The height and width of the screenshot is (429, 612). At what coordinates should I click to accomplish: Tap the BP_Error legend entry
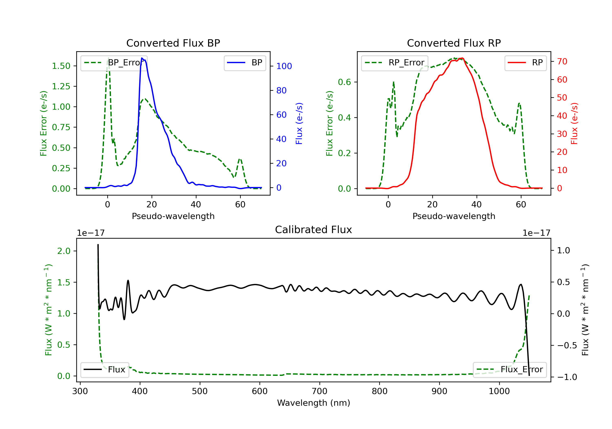click(x=114, y=63)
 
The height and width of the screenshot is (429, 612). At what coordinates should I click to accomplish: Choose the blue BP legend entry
click(x=245, y=63)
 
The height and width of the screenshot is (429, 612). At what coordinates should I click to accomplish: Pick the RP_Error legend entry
click(x=395, y=63)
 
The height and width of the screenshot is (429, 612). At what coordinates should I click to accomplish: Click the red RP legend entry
click(x=525, y=63)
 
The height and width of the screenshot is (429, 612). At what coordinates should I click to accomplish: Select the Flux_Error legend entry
click(x=509, y=370)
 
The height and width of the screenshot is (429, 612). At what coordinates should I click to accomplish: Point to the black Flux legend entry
click(x=105, y=370)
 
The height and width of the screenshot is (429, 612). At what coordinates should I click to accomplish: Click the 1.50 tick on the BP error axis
click(x=61, y=66)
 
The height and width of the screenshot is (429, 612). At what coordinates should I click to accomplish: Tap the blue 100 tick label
click(x=284, y=66)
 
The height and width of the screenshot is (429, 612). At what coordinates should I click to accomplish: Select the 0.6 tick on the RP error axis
click(x=344, y=82)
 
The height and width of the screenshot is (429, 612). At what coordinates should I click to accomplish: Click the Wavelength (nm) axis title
click(x=314, y=403)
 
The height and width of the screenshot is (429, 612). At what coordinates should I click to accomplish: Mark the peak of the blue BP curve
click(x=142, y=58)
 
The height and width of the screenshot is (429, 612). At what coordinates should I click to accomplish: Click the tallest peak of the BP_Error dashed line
click(x=108, y=58)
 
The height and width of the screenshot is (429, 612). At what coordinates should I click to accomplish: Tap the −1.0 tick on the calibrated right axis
click(x=567, y=377)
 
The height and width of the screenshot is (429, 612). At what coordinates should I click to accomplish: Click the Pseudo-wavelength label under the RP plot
click(x=454, y=216)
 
